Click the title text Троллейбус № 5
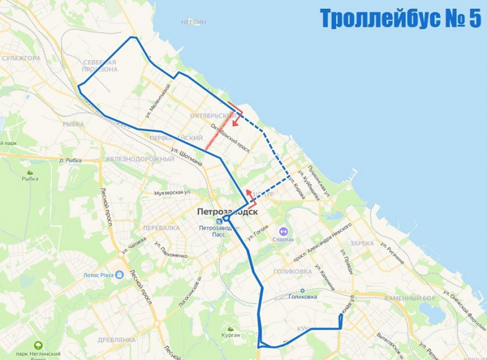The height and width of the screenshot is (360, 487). click(400, 19)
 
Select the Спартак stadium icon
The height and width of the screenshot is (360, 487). click(283, 230)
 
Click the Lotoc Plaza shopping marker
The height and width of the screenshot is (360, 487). click(119, 274)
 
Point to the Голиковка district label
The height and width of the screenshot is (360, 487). click(291, 272)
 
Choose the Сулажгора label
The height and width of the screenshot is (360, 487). click(20, 58)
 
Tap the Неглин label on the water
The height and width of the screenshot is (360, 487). click(193, 22)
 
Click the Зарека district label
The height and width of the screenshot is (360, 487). click(361, 243)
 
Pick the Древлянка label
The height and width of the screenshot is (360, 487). click(116, 340)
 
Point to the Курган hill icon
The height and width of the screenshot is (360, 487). click(231, 329)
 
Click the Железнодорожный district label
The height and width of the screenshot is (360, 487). click(139, 160)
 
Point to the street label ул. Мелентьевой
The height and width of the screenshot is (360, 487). click(157, 101)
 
